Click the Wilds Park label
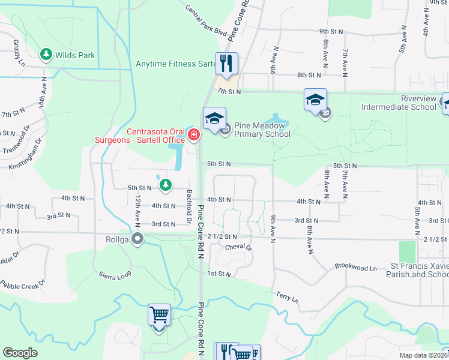(x=75, y=55)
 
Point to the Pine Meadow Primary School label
(x=262, y=130)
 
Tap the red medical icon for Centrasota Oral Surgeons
(x=193, y=134)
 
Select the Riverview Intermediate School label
(x=399, y=103)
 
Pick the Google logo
(x=20, y=353)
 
